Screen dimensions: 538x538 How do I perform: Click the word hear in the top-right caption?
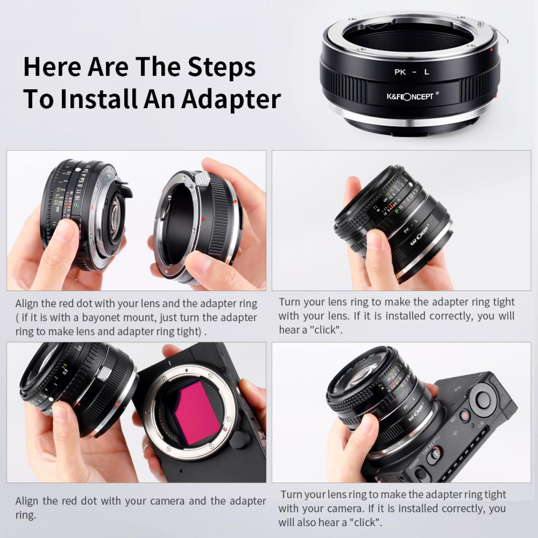pos(289,330)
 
